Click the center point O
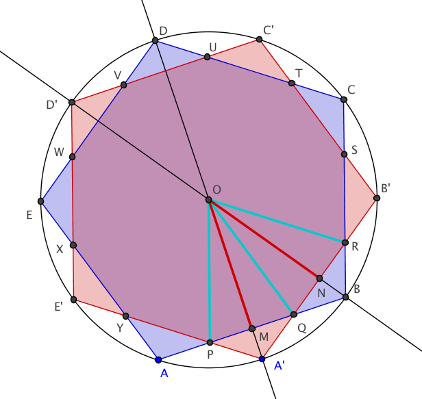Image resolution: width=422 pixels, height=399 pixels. (x=209, y=200)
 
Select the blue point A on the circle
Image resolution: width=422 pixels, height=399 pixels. (x=158, y=359)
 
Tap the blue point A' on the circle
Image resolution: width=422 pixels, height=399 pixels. (x=262, y=359)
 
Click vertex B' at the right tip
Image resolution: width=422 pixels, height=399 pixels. (x=377, y=198)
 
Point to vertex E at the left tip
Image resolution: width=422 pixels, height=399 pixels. (x=42, y=201)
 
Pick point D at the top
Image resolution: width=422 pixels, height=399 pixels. (x=156, y=41)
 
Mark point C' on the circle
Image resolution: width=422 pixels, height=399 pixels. (x=260, y=40)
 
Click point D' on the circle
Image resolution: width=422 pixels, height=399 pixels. (x=72, y=102)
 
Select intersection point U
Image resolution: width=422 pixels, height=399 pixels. (x=208, y=57)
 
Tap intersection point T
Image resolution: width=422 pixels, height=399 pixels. (x=292, y=83)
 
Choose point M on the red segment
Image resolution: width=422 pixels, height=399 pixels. (x=251, y=329)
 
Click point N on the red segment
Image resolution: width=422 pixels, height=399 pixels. (x=319, y=278)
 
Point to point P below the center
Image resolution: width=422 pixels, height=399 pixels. (x=210, y=342)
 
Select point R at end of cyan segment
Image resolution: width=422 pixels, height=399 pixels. (x=344, y=242)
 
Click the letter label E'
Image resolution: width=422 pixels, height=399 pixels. (x=59, y=307)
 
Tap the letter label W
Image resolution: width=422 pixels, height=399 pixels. (x=59, y=152)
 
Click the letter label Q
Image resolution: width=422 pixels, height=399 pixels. (x=301, y=327)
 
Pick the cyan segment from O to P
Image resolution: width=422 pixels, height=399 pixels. (x=210, y=274)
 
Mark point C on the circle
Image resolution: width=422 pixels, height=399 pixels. (x=344, y=100)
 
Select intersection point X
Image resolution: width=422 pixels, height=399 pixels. (x=73, y=245)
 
